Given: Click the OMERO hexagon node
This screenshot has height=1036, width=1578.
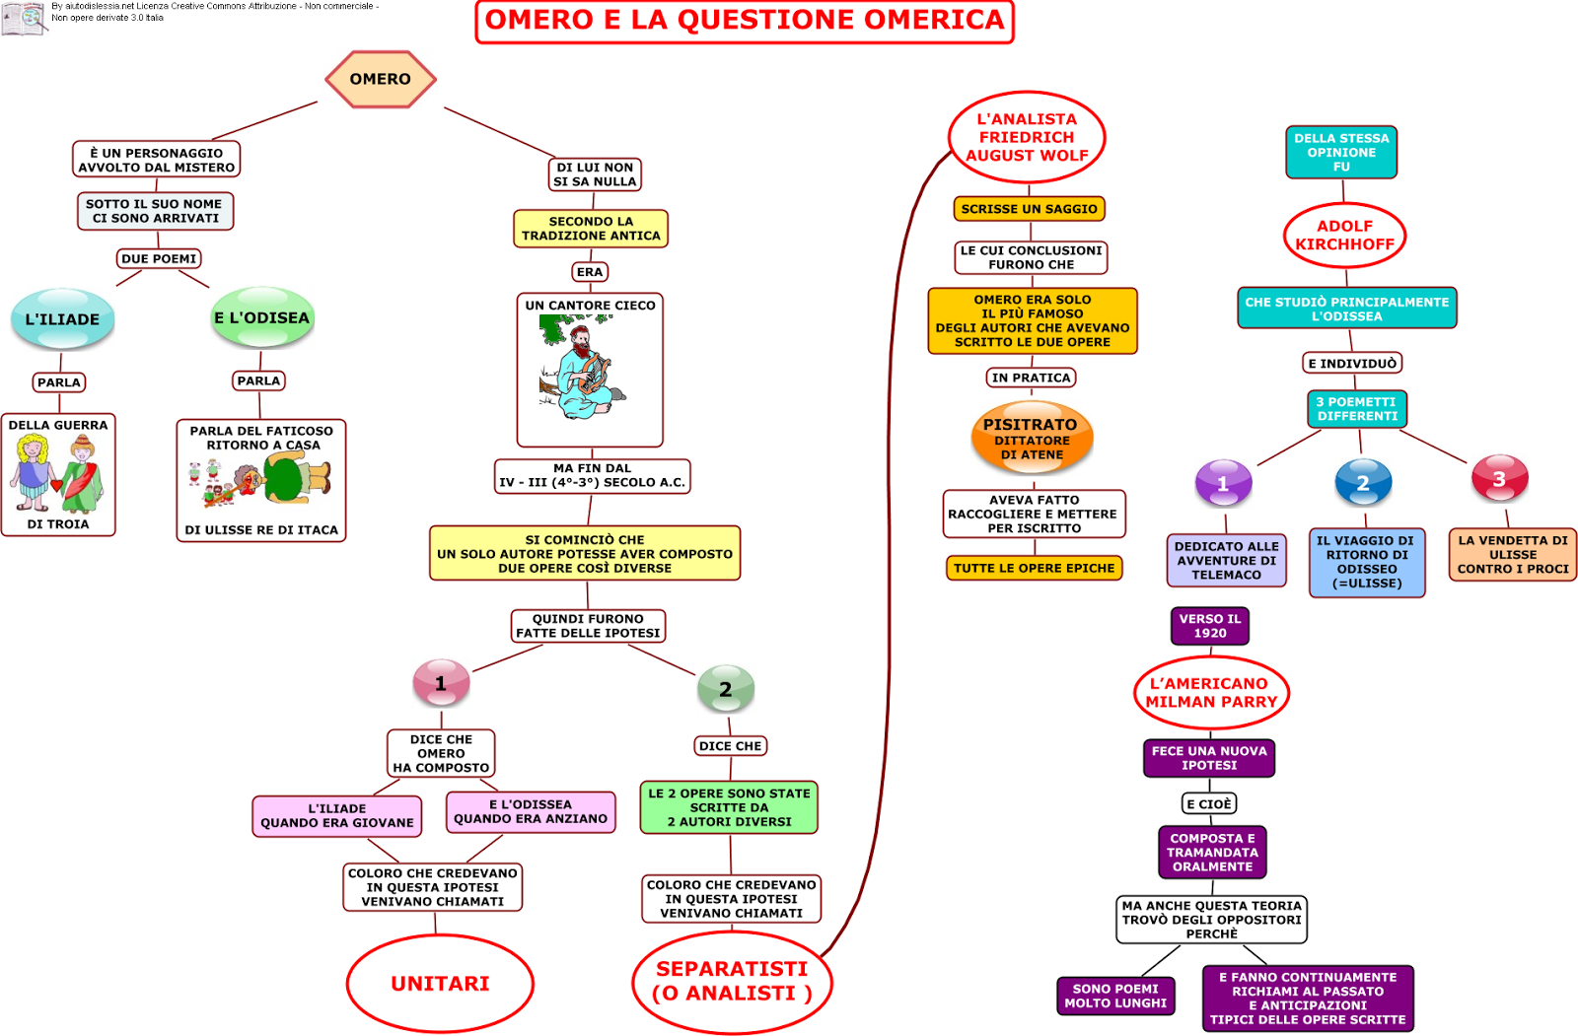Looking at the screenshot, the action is click(x=381, y=79).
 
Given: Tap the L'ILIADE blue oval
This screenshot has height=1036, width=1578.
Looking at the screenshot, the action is click(x=63, y=319).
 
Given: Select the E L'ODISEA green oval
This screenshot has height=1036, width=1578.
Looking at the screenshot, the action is click(x=262, y=317).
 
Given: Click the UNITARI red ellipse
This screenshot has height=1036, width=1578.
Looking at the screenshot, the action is click(x=440, y=983).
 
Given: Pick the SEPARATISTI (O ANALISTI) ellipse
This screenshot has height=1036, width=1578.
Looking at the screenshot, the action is click(x=732, y=982).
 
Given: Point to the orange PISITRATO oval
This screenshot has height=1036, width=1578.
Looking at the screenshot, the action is click(x=1032, y=438).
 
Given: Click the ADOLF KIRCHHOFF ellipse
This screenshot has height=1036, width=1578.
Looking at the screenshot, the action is click(x=1344, y=236).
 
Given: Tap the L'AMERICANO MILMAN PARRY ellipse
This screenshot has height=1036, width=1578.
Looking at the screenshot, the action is click(x=1211, y=692).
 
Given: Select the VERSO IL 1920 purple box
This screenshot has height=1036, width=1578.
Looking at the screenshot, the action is click(x=1209, y=625).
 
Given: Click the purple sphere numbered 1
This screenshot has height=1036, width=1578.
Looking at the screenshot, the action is click(x=1224, y=483).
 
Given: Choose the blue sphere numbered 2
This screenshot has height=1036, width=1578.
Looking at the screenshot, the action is click(x=1363, y=482).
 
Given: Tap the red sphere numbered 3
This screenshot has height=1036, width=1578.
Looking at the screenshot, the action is click(x=1500, y=478).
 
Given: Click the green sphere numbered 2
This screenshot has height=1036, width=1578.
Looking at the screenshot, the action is click(x=726, y=688).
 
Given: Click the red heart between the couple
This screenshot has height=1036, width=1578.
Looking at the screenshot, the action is click(x=56, y=485).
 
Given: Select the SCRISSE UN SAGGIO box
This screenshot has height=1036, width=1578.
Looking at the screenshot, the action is click(x=1030, y=208).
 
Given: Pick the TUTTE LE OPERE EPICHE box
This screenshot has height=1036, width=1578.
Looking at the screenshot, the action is click(x=1035, y=568).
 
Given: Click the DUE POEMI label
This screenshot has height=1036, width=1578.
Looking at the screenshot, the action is click(x=159, y=258).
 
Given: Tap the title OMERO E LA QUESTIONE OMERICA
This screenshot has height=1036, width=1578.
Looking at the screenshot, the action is click(x=745, y=21).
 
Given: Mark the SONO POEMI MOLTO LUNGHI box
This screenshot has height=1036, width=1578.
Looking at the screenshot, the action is click(x=1115, y=996).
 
